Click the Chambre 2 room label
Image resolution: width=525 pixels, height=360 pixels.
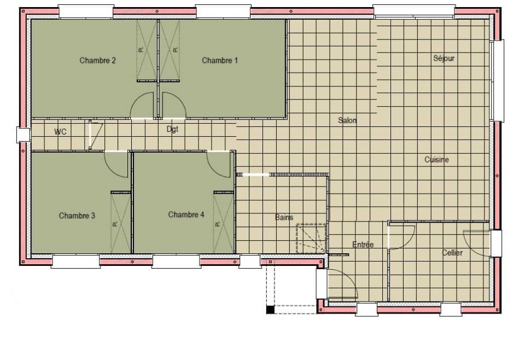point(97,60)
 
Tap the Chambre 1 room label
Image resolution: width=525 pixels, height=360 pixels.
point(220,60)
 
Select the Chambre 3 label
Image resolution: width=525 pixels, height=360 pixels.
point(77,216)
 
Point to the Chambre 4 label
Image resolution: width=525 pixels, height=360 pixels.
point(186,214)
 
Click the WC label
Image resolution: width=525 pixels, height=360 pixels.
point(60,132)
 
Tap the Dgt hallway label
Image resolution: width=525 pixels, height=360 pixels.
point(172,130)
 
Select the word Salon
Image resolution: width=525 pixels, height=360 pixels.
point(347,120)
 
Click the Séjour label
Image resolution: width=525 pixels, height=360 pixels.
point(444,58)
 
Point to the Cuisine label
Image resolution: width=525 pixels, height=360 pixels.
point(436,160)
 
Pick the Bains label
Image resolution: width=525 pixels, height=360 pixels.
point(284,217)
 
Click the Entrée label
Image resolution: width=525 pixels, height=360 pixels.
point(363,245)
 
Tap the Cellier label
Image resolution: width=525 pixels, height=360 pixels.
point(452,253)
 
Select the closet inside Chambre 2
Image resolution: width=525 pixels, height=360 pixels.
point(147,50)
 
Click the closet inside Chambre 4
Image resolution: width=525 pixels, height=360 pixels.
point(223,223)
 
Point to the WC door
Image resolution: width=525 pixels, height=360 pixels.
point(95,136)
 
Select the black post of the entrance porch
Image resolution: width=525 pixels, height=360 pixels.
point(270,310)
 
